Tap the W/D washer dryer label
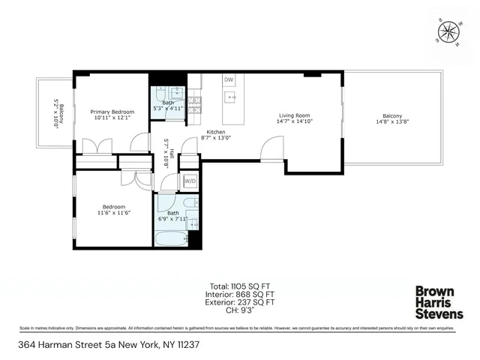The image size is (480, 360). pos(190,181)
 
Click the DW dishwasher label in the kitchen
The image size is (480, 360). pos(228,79)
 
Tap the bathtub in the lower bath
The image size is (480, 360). pos(169,238)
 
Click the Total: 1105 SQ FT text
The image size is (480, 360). pos(238,286)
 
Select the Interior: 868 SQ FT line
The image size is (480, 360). pos(238,295)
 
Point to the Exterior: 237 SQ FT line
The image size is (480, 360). pos(238,302)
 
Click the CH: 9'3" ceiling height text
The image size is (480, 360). pos(238,310)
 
